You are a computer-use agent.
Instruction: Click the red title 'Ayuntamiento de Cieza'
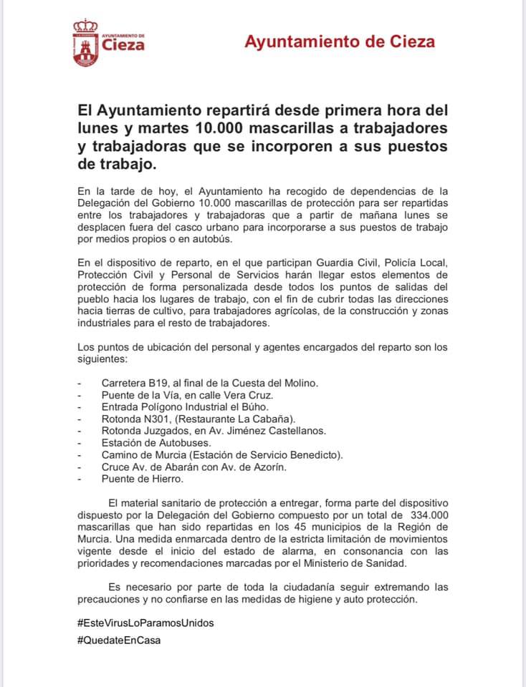tap(340, 42)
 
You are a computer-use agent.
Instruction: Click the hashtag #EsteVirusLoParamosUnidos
tap(145, 623)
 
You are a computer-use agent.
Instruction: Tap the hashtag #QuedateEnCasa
tap(119, 640)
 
